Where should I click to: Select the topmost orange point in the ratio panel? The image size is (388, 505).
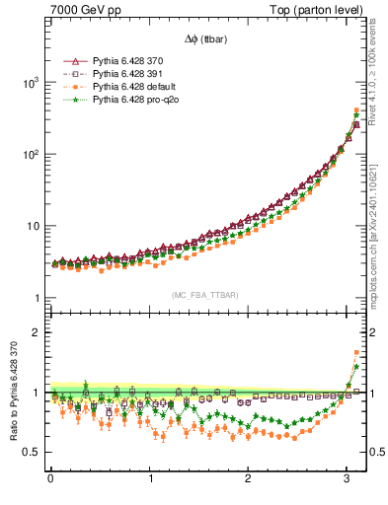(x=356, y=352)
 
